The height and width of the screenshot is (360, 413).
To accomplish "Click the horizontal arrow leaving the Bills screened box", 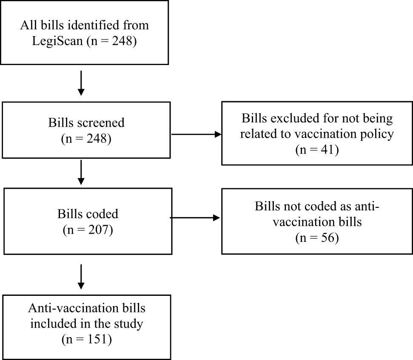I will tap(196, 135).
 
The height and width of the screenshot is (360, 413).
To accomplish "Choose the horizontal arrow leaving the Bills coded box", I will tap(195, 218).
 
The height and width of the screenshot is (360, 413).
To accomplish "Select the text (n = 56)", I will tap(317, 238).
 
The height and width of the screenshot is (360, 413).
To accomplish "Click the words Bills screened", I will tap(86, 123).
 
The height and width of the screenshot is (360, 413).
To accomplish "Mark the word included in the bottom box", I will tap(61, 324).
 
